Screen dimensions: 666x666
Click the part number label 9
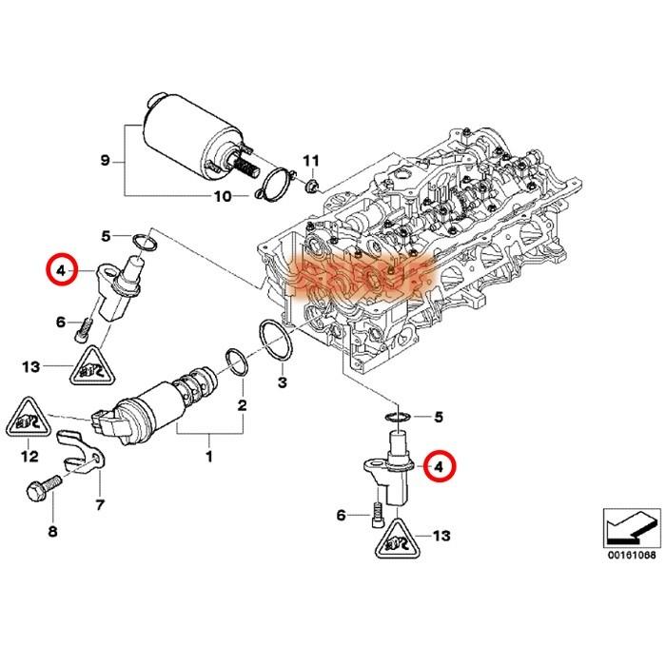click(106, 161)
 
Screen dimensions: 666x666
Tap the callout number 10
click(222, 197)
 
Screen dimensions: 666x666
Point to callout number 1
click(208, 457)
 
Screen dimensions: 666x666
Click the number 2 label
click(242, 406)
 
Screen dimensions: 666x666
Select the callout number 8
click(52, 530)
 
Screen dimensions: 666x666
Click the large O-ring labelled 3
click(275, 343)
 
